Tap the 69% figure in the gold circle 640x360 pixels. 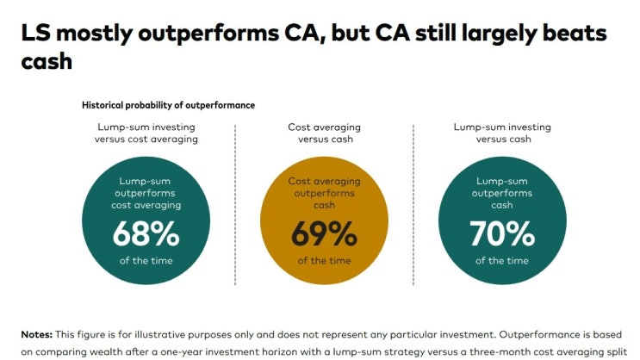[x=323, y=233]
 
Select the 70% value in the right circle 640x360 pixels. [x=501, y=233]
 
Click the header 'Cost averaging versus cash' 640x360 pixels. [x=323, y=133]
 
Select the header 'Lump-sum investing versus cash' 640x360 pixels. [x=501, y=133]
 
